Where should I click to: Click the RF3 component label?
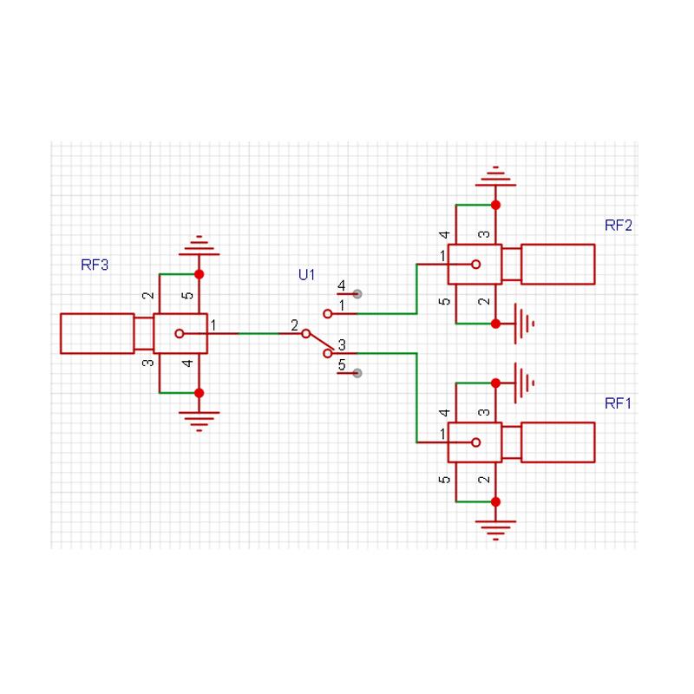click(x=95, y=265)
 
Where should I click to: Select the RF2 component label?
click(x=619, y=226)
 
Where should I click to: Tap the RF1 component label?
click(x=619, y=403)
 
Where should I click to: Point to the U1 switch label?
click(x=306, y=275)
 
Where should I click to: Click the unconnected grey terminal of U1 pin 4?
click(x=357, y=294)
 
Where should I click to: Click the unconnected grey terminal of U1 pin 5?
click(x=357, y=372)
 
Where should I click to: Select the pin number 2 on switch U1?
click(x=294, y=325)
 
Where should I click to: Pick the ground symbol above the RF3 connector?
click(x=198, y=246)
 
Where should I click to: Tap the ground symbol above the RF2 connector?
click(x=495, y=176)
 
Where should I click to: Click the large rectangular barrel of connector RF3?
click(x=96, y=333)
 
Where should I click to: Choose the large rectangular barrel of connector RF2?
click(x=557, y=264)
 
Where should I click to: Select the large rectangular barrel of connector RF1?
click(x=557, y=442)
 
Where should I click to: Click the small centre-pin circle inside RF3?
click(x=179, y=333)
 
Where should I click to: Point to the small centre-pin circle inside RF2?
click(x=475, y=264)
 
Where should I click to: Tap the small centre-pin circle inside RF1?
click(x=475, y=442)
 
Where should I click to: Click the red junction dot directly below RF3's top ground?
click(x=199, y=274)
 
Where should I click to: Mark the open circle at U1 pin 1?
click(x=327, y=313)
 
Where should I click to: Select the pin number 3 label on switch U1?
click(x=342, y=344)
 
